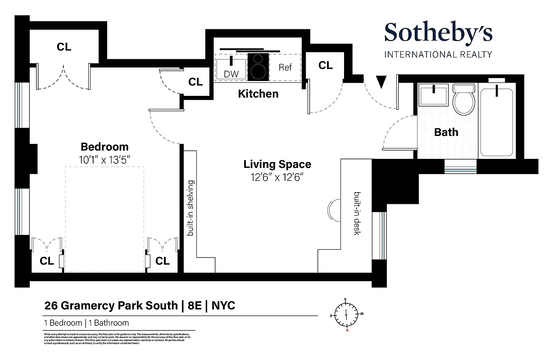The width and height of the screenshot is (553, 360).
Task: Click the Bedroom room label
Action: pyautogui.click(x=104, y=147)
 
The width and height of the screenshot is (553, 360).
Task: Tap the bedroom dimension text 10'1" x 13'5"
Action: pyautogui.click(x=104, y=159)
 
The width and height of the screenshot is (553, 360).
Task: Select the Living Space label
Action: pyautogui.click(x=277, y=164)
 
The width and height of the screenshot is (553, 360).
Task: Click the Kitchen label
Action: pyautogui.click(x=258, y=94)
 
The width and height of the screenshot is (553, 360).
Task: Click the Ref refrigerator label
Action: pyautogui.click(x=285, y=67)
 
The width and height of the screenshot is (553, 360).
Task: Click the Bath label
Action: pyautogui.click(x=446, y=132)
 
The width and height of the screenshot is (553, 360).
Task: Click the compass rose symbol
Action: pyautogui.click(x=346, y=314)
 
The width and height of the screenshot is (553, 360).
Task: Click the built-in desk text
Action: pyautogui.click(x=358, y=214)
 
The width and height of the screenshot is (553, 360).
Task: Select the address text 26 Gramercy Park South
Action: pyautogui.click(x=111, y=306)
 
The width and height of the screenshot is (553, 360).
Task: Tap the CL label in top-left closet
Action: pyautogui.click(x=64, y=47)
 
